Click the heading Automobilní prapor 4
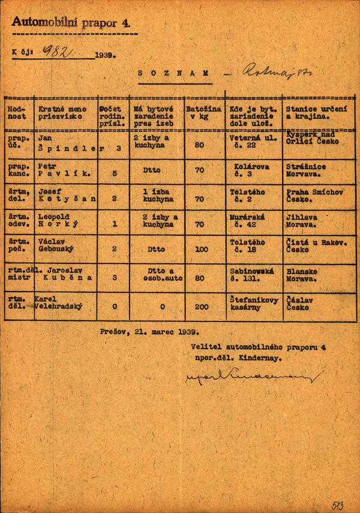71,23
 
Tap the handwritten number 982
58,53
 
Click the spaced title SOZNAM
173,73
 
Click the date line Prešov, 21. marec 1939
150,330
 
